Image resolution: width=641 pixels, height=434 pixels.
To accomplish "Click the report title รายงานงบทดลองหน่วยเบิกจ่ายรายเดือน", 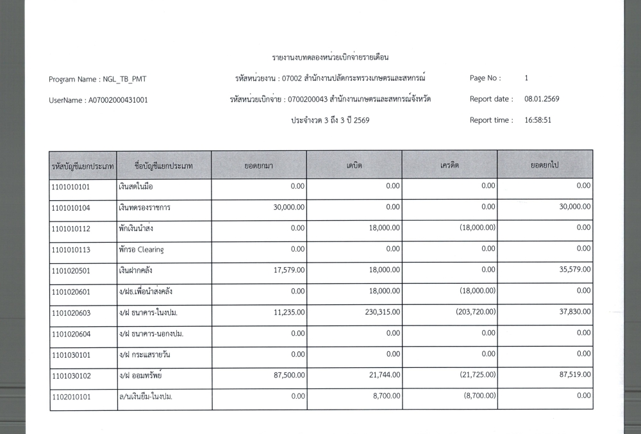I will point(330,58).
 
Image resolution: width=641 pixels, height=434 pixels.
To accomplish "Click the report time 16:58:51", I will point(538,120).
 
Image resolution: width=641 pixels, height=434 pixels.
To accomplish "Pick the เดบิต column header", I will point(354,166).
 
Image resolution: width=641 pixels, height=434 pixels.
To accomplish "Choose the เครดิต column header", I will point(449,166).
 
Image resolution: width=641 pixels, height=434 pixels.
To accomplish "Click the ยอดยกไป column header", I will point(545,166).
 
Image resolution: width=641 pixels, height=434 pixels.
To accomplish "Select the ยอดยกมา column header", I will point(259,166).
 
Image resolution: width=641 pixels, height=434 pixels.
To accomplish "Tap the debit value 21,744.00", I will point(383,375).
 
